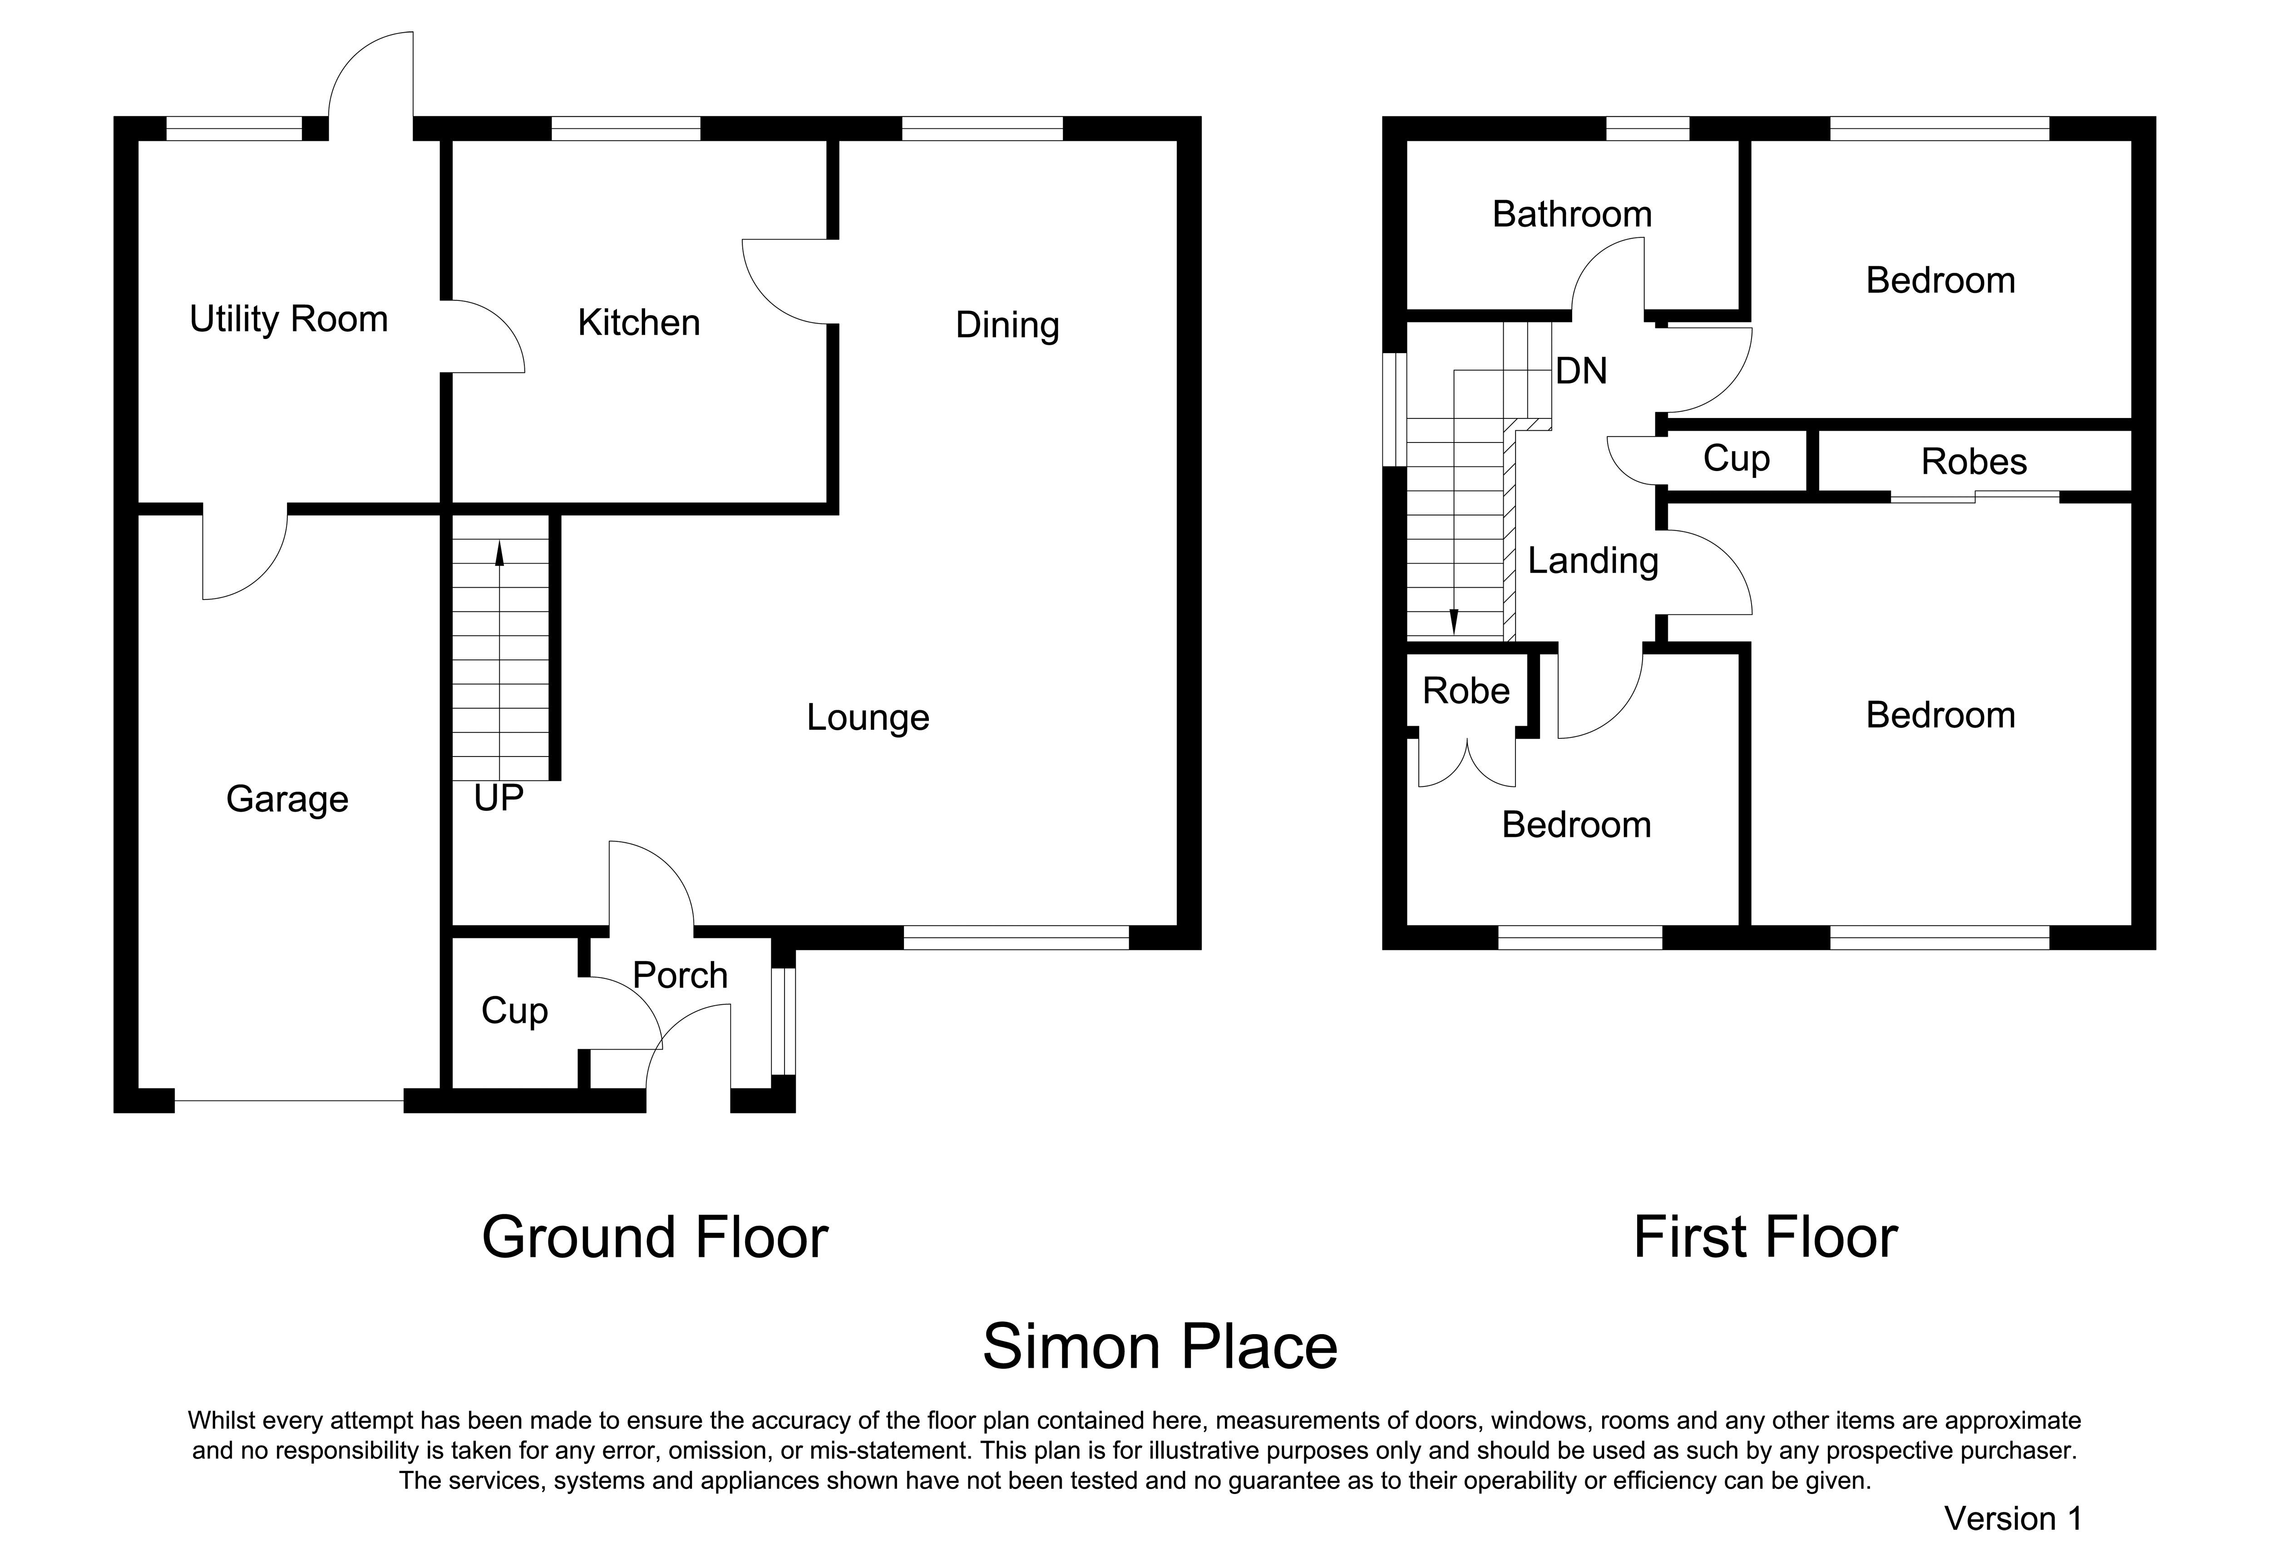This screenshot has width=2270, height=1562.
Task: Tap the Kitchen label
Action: (639, 323)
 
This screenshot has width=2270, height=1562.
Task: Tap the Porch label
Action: (680, 976)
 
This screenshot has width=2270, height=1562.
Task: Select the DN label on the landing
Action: (1581, 371)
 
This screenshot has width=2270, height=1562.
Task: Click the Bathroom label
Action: (1572, 214)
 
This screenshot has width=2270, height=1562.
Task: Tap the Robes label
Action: (1974, 462)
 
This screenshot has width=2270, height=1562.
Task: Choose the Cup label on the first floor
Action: (1737, 459)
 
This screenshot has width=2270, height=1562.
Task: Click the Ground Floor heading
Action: (655, 1238)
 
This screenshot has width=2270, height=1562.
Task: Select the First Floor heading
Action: (1765, 1238)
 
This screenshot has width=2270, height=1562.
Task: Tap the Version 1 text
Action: (2013, 1519)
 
